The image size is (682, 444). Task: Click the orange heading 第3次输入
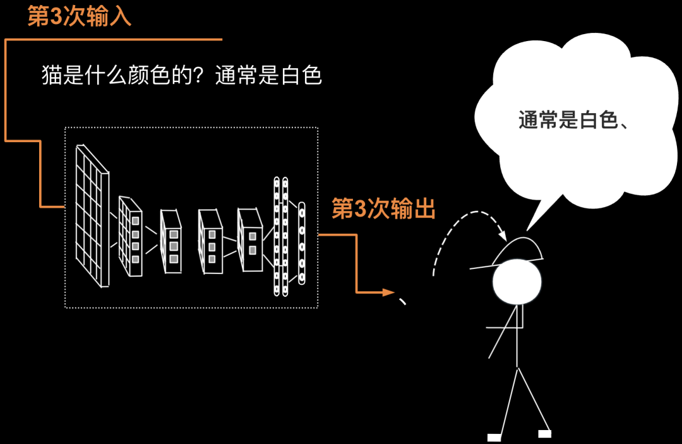coord(80,17)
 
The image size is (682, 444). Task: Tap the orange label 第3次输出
coord(384,208)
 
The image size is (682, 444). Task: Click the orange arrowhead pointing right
coord(388,292)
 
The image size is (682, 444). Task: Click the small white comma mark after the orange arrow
coord(402,301)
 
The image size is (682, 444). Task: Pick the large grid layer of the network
coord(92,215)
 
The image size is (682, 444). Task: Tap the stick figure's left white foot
coord(494,437)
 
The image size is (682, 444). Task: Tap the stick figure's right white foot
coord(544,433)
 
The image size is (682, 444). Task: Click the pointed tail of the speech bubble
coord(532,215)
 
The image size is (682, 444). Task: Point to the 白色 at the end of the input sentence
coord(302,76)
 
